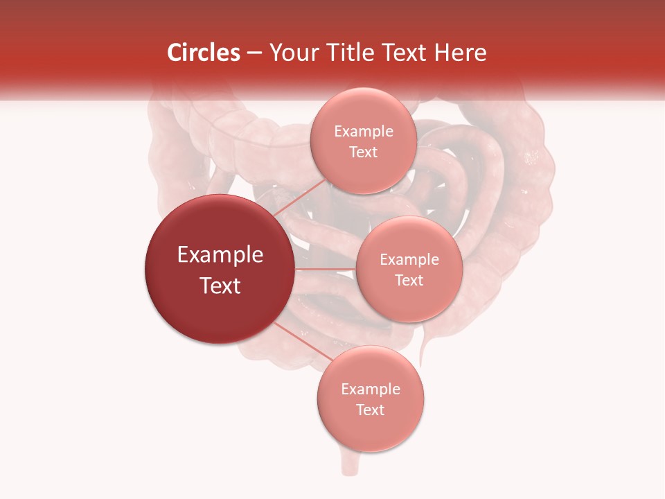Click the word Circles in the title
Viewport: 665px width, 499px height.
pyautogui.click(x=203, y=53)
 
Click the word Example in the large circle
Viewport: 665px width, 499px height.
pyautogui.click(x=220, y=255)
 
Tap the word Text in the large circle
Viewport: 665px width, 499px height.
pyautogui.click(x=220, y=286)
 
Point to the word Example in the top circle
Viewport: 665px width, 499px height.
pyautogui.click(x=363, y=132)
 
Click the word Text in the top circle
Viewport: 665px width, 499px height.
pyautogui.click(x=363, y=152)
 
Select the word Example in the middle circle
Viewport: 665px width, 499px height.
pyautogui.click(x=409, y=260)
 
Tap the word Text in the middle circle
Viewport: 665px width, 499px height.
pyautogui.click(x=409, y=281)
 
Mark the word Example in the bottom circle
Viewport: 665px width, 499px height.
pyautogui.click(x=371, y=389)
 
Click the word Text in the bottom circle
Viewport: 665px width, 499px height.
pyautogui.click(x=371, y=410)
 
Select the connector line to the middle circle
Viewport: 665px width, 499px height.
pyautogui.click(x=326, y=269)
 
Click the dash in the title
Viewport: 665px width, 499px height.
pyautogui.click(x=254, y=53)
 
